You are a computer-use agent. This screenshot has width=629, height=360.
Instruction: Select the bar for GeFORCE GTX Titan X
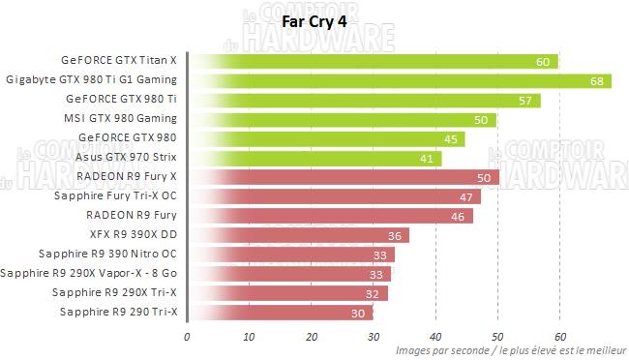pos(374,62)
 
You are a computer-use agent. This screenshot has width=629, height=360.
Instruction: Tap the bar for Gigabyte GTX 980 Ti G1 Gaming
pos(399,80)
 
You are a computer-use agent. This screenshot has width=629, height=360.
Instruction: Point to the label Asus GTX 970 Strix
pos(126,157)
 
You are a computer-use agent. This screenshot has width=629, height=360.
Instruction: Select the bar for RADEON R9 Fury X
pos(343,176)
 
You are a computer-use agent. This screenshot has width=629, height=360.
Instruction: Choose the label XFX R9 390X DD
pos(133,234)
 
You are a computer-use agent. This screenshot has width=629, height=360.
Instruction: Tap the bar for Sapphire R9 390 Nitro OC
pos(290,254)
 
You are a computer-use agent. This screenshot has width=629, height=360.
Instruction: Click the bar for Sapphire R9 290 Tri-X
pos(281,312)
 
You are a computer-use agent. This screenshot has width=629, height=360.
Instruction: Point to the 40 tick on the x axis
pos(435,337)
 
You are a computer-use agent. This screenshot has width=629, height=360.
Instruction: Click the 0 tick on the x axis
pos(187,337)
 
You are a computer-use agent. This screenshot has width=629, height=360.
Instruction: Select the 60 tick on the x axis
pos(559,337)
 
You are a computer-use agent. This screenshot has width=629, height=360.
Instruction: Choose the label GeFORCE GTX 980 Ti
pos(122,99)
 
